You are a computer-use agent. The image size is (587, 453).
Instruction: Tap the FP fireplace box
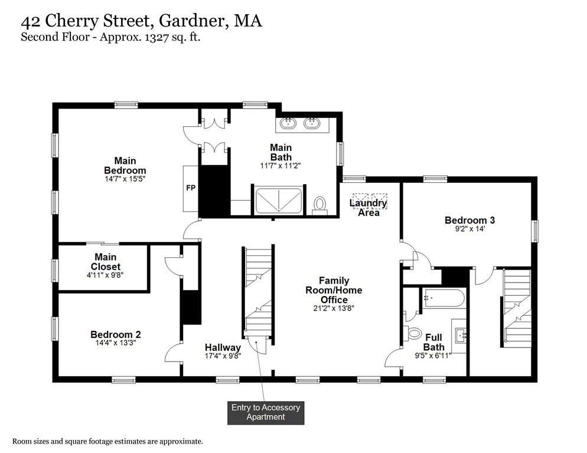click(191, 188)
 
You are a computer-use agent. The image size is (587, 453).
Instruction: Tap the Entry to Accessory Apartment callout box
click(265, 412)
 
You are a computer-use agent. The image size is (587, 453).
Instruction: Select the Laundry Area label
click(368, 208)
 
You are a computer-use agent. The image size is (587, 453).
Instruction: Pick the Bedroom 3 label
click(469, 221)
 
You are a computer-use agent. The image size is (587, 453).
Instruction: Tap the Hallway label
click(223, 347)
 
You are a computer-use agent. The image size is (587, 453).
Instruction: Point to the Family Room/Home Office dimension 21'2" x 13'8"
click(334, 308)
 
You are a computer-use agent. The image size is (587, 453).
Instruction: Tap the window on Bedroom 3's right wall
click(535, 231)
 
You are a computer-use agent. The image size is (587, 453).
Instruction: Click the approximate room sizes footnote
click(108, 441)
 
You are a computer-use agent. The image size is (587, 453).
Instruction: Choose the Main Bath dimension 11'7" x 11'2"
click(282, 166)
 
